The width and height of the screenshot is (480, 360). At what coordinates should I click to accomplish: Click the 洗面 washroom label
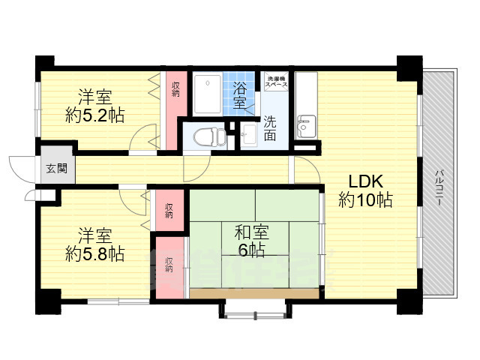[x=269, y=127]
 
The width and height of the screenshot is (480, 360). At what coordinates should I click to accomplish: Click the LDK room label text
[x=365, y=181]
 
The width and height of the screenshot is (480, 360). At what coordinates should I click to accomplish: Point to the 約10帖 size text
[x=365, y=200]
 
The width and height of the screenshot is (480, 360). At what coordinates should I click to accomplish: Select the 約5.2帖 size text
[x=94, y=115]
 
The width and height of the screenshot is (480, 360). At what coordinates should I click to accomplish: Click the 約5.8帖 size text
[x=94, y=254]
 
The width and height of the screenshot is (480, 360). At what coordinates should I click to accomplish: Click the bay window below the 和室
[x=252, y=307]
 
